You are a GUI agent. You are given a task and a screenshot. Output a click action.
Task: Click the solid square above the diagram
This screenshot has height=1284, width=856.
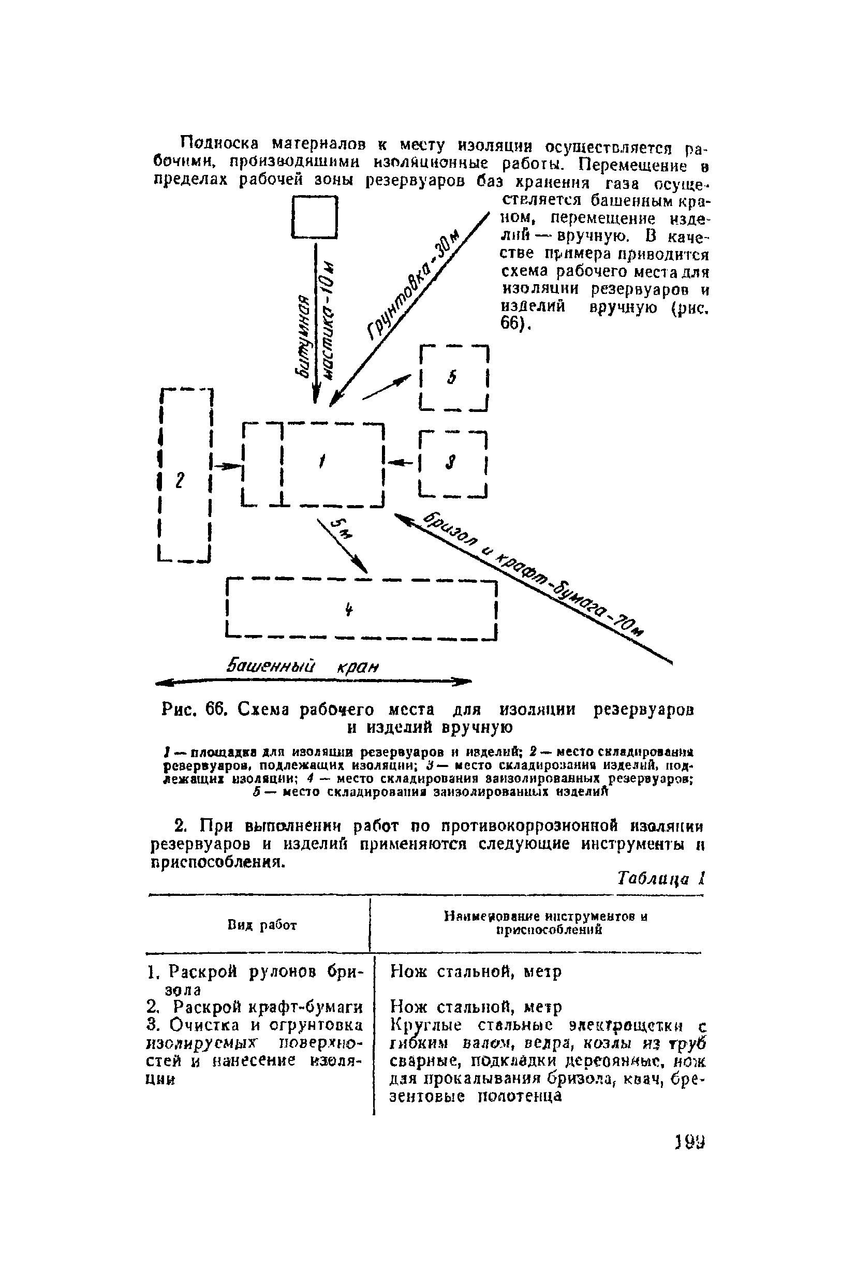pos(315,217)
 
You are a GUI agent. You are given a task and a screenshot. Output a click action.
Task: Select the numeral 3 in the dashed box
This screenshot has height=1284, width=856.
pos(451,463)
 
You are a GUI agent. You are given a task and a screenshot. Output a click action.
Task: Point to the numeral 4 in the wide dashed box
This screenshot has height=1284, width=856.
pos(348,609)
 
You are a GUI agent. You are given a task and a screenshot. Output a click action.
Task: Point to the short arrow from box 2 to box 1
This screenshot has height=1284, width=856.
pos(227,466)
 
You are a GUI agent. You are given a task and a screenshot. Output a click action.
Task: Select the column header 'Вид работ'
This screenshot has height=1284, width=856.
pos(261,925)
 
